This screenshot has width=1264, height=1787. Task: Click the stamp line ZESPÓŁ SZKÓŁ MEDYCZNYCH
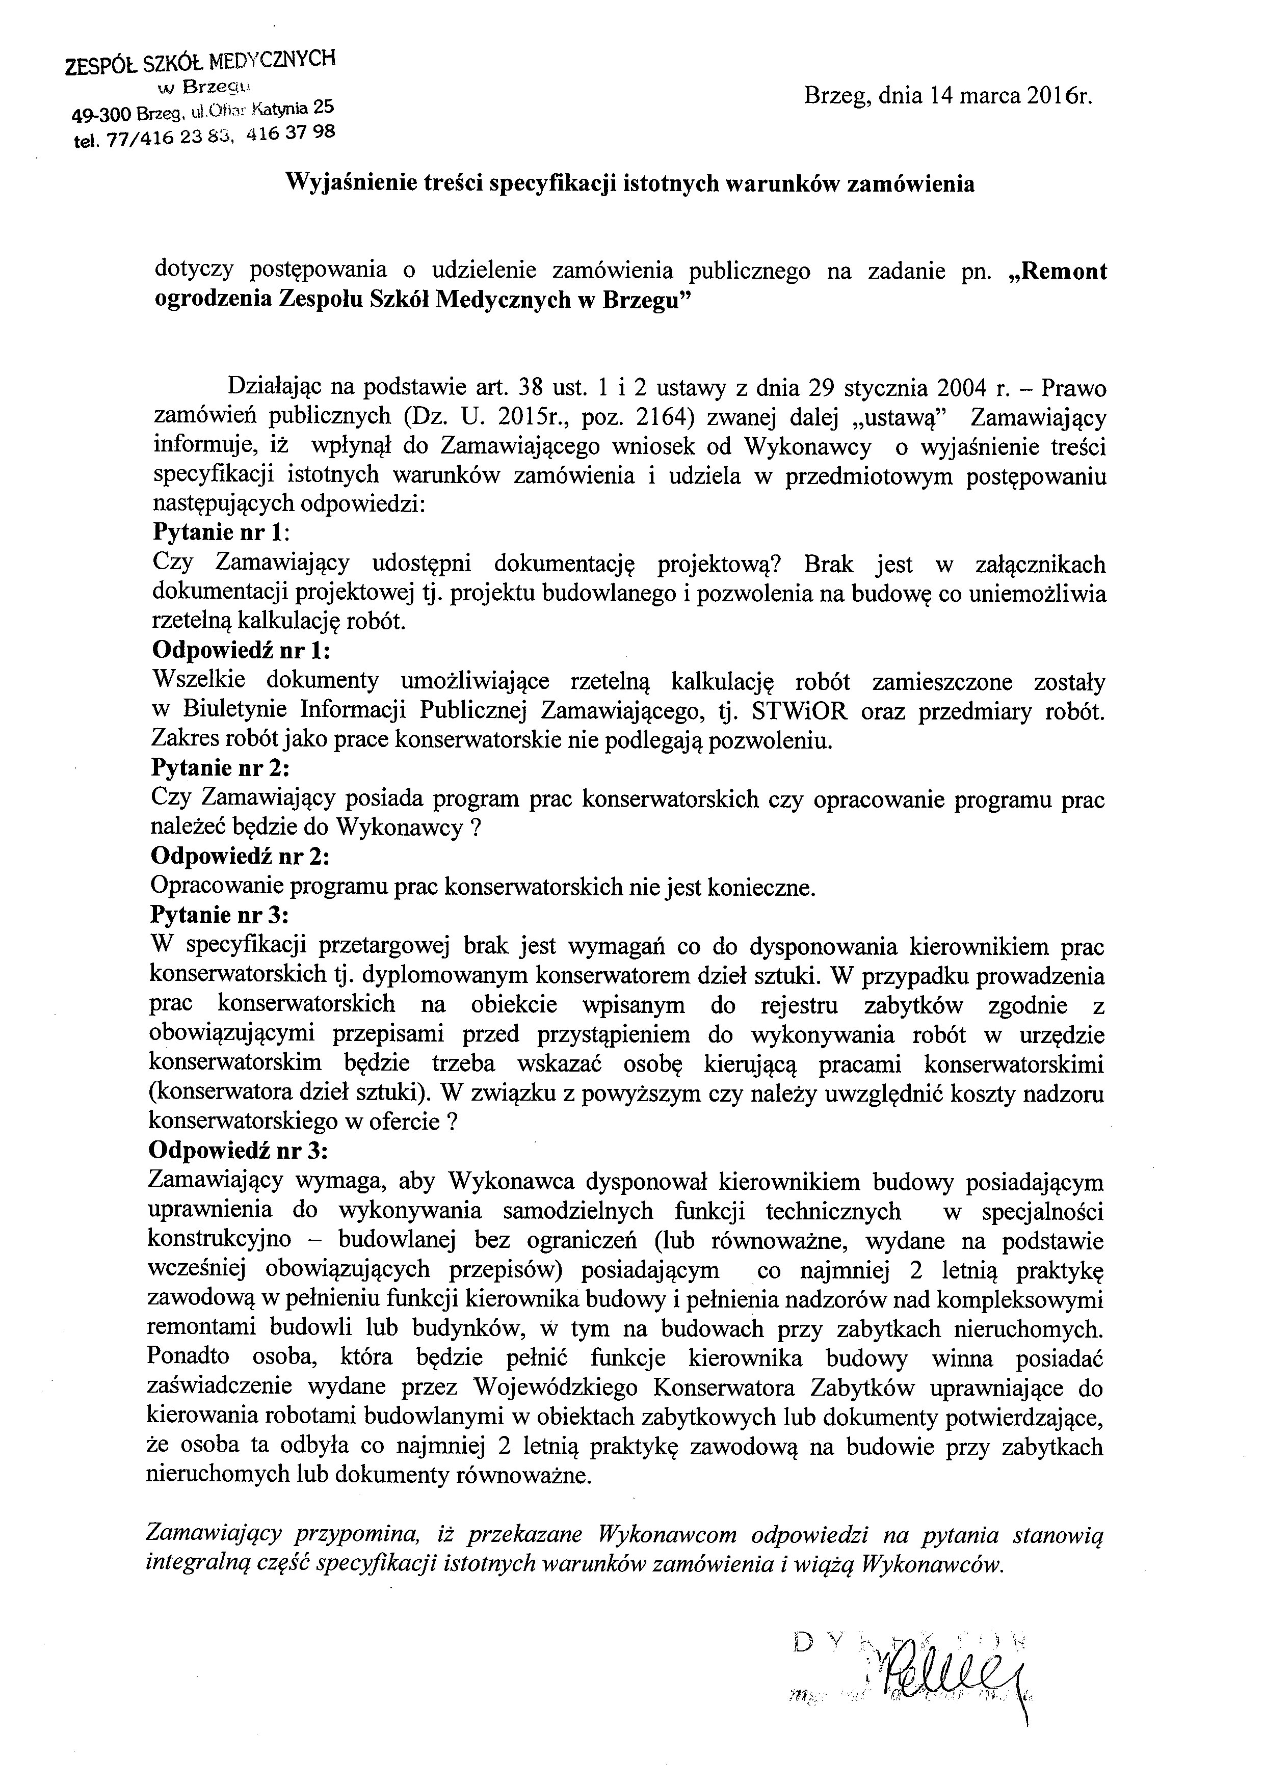point(201,62)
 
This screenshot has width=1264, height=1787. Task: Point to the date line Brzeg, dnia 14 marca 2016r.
point(949,96)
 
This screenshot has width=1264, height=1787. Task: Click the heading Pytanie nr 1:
point(221,533)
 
